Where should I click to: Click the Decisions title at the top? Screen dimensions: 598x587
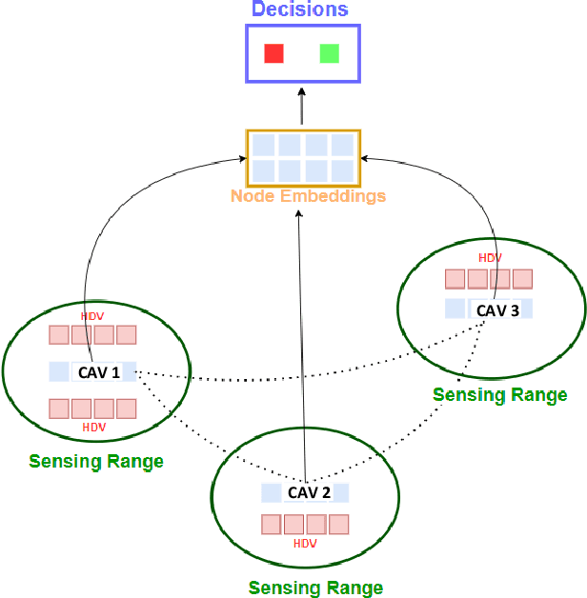pos(300,10)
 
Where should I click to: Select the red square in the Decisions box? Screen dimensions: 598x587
pos(274,53)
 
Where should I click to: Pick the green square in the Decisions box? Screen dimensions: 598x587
pos(330,53)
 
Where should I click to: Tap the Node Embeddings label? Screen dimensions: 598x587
pos(308,196)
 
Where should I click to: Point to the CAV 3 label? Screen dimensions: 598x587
pos(497,309)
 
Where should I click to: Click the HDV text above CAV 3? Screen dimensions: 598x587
pos(490,258)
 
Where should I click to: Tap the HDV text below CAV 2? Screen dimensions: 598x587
pos(305,544)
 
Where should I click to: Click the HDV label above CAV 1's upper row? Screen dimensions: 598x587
pos(92,316)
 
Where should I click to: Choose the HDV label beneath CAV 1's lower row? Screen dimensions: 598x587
pos(93,428)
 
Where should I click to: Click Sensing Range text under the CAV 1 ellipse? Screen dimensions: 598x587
pos(96,462)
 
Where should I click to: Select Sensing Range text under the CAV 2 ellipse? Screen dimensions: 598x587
pos(315,588)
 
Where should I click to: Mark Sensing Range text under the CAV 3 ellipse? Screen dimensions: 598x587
pos(500,394)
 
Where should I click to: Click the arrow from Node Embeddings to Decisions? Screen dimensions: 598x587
pos(302,107)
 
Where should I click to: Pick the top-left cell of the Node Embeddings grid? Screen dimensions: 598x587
pos(263,146)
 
